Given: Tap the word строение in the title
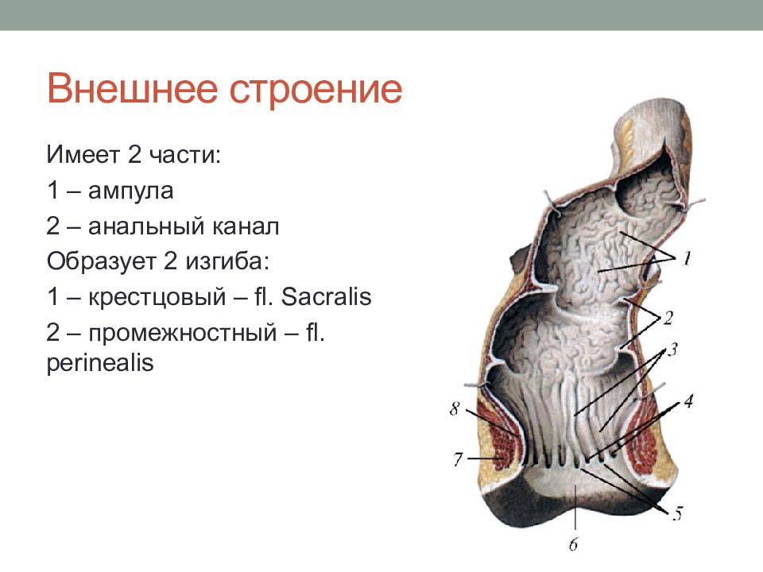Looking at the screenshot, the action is click(316, 91).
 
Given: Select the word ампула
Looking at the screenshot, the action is click(130, 191).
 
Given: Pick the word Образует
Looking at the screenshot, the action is click(101, 261).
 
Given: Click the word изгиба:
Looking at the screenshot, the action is click(227, 261).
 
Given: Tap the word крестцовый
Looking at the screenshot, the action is click(157, 297).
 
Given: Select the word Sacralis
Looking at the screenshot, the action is click(326, 296).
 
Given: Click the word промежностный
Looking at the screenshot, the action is click(183, 333).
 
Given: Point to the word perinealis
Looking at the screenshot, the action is click(100, 363).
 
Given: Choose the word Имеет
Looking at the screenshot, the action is click(83, 155).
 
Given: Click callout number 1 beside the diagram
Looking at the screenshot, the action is click(687, 257).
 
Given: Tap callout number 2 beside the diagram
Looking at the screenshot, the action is click(668, 318).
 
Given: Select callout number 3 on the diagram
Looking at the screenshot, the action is click(672, 350).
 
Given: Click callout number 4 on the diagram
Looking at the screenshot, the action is click(688, 401).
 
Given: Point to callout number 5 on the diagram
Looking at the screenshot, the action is click(678, 513).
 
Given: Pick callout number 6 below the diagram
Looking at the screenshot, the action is click(574, 543).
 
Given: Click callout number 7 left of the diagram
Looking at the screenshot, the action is click(458, 459).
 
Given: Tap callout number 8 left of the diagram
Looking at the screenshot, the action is click(455, 408).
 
